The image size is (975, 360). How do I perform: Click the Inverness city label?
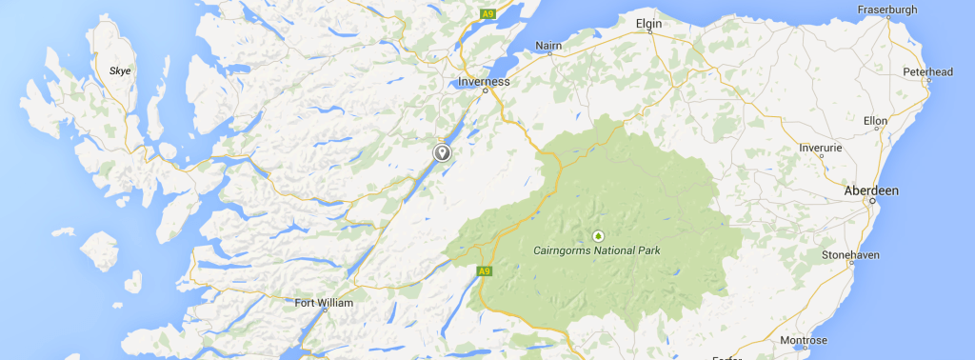pyautogui.click(x=484, y=81)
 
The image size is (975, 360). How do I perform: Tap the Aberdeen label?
pyautogui.click(x=871, y=191)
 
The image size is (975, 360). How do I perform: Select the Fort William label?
pyautogui.click(x=324, y=303)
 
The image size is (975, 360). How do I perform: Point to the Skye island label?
pyautogui.click(x=120, y=70)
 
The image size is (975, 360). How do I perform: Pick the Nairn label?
pyautogui.click(x=549, y=45)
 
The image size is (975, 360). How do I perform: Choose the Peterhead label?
pyautogui.click(x=928, y=71)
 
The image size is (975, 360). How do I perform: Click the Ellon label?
pyautogui.click(x=875, y=121)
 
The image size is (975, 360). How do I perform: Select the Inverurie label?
pyautogui.click(x=819, y=148)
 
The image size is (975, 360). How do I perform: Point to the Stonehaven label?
pyautogui.click(x=851, y=255)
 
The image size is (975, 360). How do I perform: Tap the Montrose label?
pyautogui.click(x=804, y=340)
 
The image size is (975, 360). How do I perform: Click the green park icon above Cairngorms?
pyautogui.click(x=598, y=234)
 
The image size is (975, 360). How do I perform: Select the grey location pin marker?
pyautogui.click(x=442, y=152)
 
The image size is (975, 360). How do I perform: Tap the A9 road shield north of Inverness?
pyautogui.click(x=488, y=14)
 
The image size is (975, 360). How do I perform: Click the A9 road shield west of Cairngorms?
pyautogui.click(x=485, y=271)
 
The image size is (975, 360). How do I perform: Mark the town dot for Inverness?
pyautogui.click(x=485, y=91)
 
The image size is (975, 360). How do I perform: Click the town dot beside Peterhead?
pyautogui.click(x=928, y=83)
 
